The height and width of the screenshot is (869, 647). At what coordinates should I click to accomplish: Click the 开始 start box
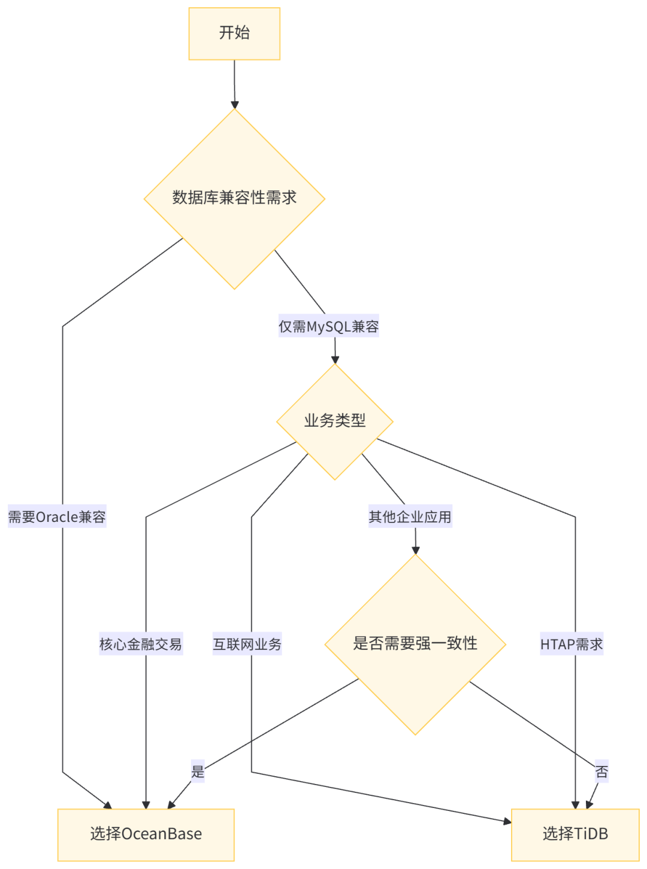point(234,34)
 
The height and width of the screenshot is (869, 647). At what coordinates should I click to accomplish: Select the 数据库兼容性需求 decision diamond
point(234,198)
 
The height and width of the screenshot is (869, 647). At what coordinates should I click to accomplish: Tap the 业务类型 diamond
point(334,421)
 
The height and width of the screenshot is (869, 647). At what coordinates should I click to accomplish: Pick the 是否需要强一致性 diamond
point(415,644)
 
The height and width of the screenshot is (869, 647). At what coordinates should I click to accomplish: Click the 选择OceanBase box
point(146,834)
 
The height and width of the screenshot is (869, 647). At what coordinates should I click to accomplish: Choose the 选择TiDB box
point(575,834)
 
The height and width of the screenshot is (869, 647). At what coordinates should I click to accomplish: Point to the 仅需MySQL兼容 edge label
point(328,327)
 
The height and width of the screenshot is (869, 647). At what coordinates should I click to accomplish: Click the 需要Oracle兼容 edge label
point(57,517)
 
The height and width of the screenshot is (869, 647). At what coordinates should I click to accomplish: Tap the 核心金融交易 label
point(140,645)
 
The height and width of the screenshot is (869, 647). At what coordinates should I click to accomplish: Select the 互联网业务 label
point(247,645)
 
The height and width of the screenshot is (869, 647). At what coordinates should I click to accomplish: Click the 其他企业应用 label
point(410,517)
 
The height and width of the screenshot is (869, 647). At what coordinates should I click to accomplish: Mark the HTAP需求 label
point(572,645)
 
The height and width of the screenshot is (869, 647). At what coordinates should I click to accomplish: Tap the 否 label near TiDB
point(601,772)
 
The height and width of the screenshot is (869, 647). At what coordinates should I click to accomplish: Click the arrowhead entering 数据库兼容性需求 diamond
point(234,103)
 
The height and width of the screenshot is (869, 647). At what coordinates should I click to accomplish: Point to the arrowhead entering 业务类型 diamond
point(335,358)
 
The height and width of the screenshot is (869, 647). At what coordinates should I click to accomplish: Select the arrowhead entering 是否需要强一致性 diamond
point(415,549)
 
